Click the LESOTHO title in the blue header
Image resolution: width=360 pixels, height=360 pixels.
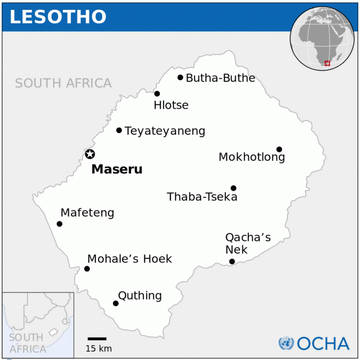(58, 17)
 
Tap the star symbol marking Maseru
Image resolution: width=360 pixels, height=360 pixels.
(90, 154)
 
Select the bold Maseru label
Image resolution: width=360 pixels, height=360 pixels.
(117, 169)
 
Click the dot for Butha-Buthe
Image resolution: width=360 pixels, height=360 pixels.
(180, 77)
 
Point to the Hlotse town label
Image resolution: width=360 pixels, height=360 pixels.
(171, 105)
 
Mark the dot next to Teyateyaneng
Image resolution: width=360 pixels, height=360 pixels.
(119, 130)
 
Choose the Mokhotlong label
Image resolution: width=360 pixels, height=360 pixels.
(252, 157)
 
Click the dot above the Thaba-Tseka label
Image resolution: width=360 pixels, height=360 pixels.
(233, 188)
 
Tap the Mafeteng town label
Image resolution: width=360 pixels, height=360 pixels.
(88, 213)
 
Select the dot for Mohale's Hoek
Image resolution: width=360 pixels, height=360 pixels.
(87, 269)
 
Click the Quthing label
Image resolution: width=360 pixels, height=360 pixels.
(140, 296)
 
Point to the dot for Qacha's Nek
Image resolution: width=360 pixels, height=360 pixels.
(232, 261)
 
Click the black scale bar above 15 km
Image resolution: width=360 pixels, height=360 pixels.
(97, 338)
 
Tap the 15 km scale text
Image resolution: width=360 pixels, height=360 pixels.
(98, 348)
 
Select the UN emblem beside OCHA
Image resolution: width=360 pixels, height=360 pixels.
(286, 344)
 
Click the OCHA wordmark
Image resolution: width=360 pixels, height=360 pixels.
(323, 344)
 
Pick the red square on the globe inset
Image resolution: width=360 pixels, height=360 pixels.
(327, 63)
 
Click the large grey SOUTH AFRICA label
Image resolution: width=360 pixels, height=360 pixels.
(63, 84)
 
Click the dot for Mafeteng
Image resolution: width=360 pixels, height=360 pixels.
(60, 224)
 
